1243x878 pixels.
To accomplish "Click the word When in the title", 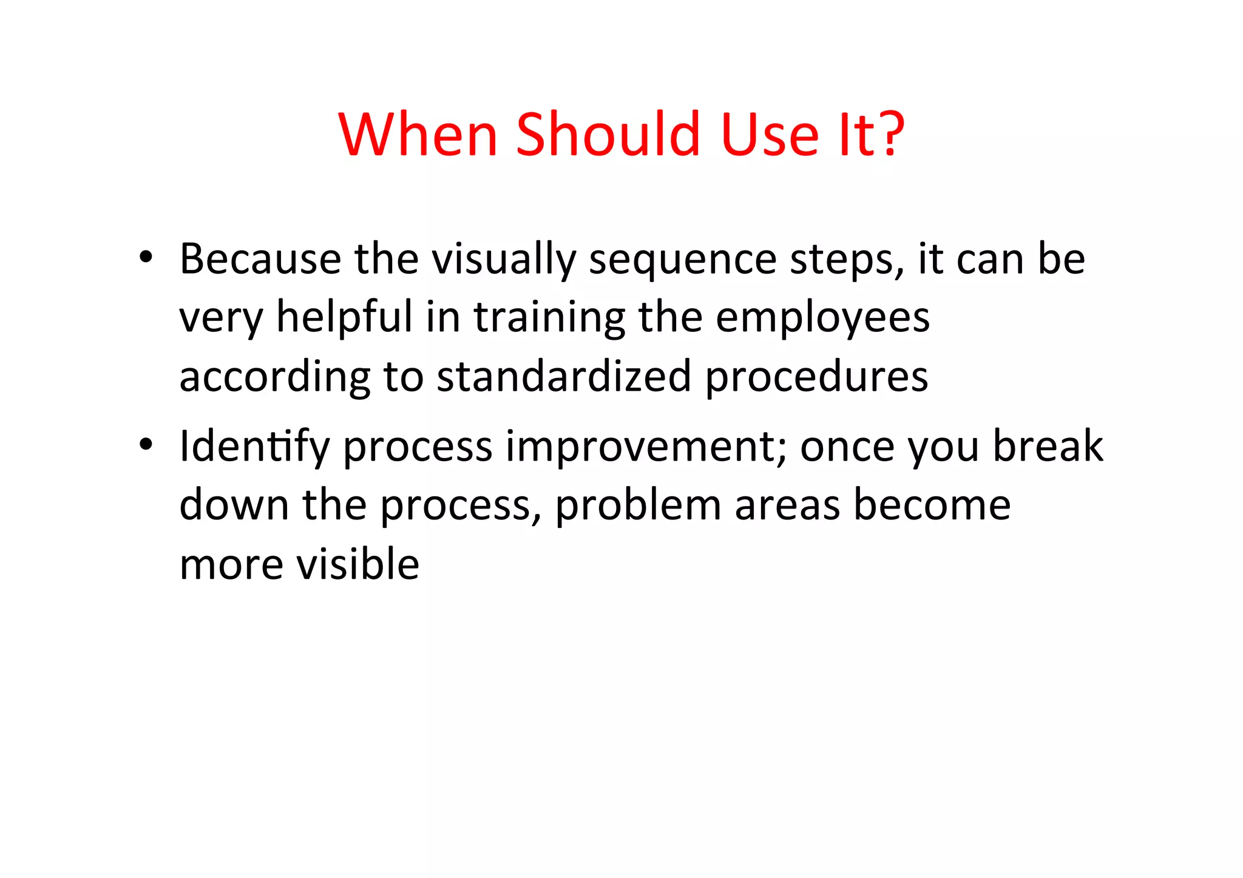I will [418, 134].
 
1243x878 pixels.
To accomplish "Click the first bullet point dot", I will [146, 258].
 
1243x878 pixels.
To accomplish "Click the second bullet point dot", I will [146, 445].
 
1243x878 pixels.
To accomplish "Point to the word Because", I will [260, 259].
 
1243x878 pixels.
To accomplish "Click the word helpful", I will [344, 318].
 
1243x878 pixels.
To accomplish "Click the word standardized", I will [564, 376].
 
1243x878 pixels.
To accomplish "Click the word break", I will [1048, 446].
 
